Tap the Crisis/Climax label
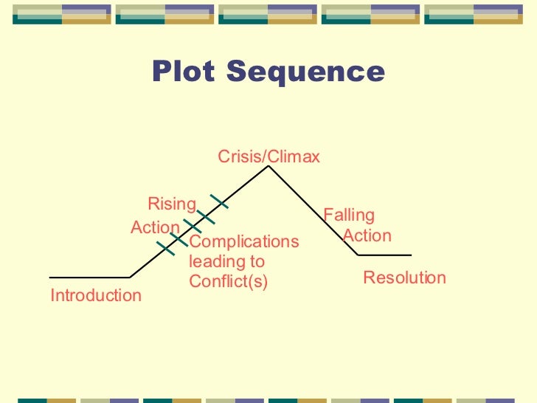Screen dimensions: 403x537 pos(268,156)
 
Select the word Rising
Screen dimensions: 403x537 pos(172,204)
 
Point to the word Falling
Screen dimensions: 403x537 pos(349,216)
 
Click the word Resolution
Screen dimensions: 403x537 pos(404,278)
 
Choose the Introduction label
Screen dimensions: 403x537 pos(96,296)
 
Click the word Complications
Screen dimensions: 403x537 pos(244,242)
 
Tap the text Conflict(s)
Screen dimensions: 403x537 pos(229,281)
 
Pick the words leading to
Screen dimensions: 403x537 pos(226,261)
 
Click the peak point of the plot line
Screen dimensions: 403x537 pos(268,167)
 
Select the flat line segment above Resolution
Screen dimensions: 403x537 pos(384,255)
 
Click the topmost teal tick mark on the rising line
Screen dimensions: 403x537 pos(218,201)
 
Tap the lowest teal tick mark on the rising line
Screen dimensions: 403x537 pos(166,247)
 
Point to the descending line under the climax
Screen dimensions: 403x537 pos(313,211)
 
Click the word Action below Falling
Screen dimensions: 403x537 pos(367,236)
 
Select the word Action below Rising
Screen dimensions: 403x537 pos(155,227)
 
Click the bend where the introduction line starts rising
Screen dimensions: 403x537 pos(131,278)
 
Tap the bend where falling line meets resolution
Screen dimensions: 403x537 pos(358,255)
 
